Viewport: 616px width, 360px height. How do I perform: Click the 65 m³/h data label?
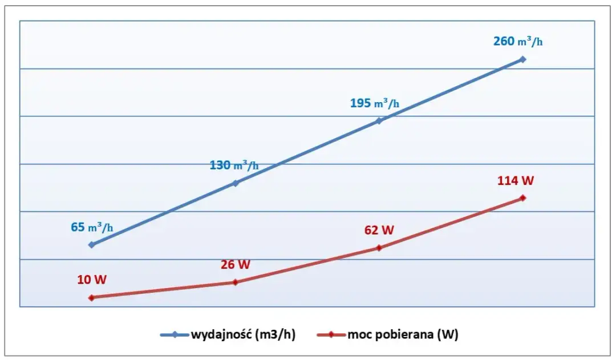[92, 227]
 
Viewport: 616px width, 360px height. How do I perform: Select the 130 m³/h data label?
[234, 165]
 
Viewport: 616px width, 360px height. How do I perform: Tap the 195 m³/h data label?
[375, 103]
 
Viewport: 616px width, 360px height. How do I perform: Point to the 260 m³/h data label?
[517, 41]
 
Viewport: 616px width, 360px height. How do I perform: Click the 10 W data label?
[92, 280]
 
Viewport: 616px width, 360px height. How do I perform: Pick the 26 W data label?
[236, 265]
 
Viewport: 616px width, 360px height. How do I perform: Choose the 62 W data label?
[379, 230]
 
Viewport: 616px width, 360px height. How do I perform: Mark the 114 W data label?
[516, 181]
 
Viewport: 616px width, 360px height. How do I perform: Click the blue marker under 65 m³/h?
[91, 245]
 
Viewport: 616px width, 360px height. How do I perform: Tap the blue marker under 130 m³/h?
[235, 183]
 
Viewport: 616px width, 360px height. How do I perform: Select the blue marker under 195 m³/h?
[379, 121]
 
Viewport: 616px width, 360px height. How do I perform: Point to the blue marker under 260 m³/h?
[522, 59]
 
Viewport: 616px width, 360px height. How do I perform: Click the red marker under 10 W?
[91, 297]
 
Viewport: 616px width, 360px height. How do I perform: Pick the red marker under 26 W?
[235, 282]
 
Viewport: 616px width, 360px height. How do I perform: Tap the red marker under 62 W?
[379, 248]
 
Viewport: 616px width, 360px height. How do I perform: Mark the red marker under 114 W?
[522, 198]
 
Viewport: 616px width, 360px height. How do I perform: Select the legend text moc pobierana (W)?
[403, 335]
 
